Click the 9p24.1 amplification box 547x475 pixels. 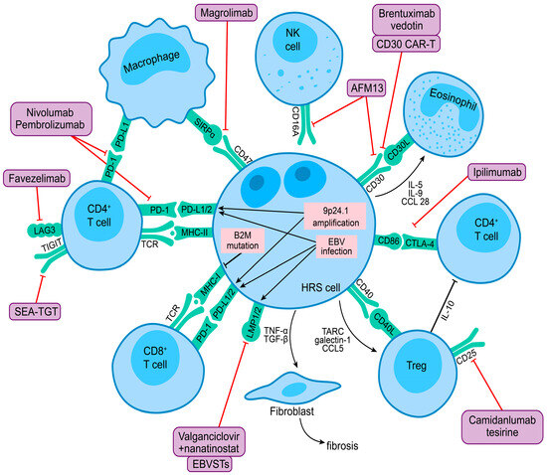pos(335,216)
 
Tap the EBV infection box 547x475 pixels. pos(336,249)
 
